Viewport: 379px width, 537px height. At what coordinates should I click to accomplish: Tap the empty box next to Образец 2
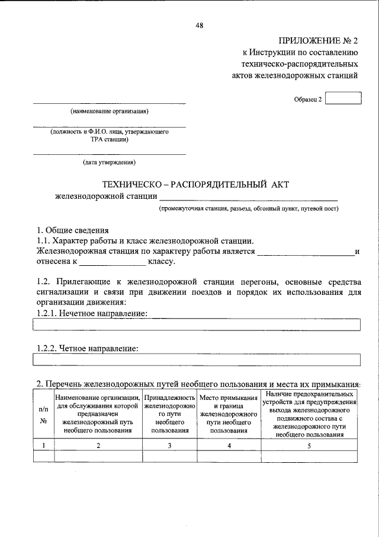pos(343,98)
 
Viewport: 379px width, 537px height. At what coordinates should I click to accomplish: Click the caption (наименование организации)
pos(109,111)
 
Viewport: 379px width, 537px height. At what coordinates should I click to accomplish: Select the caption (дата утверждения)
pos(109,161)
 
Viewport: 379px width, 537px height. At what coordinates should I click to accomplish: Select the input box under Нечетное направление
pos(196,325)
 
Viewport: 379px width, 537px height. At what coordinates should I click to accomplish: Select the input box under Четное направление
pos(196,360)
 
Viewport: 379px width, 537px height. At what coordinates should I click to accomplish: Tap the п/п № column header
pos(43,414)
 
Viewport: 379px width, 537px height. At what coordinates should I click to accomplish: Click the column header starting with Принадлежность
pos(169,414)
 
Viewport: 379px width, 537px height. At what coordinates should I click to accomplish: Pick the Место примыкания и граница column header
pos(229,414)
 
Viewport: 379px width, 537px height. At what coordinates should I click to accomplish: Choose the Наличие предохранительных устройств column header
pos(310,414)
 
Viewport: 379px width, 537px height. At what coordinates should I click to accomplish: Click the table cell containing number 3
pos(169,446)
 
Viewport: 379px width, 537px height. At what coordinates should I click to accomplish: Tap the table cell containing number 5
pos(310,446)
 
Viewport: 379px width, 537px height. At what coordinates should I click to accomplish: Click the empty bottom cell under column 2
pos(98,456)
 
